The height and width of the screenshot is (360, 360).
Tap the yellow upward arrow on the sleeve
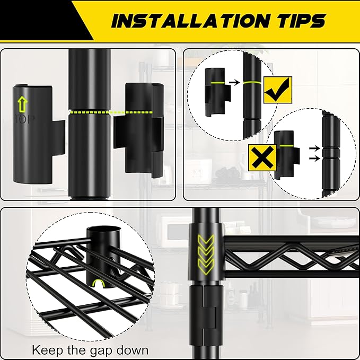22,104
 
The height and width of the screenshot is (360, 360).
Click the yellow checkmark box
278,90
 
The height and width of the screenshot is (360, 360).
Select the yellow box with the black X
262,157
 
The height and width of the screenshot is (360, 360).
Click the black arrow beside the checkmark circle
234,82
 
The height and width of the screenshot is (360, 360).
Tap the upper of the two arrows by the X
314,148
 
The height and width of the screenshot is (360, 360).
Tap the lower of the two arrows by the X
314,159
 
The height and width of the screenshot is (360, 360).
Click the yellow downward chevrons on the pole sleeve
206,254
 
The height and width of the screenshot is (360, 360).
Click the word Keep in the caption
47,350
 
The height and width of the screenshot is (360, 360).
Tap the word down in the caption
132,350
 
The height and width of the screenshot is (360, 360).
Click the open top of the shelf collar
103,230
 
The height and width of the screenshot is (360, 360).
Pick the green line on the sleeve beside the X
286,146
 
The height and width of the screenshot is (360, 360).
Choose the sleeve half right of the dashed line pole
139,130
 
